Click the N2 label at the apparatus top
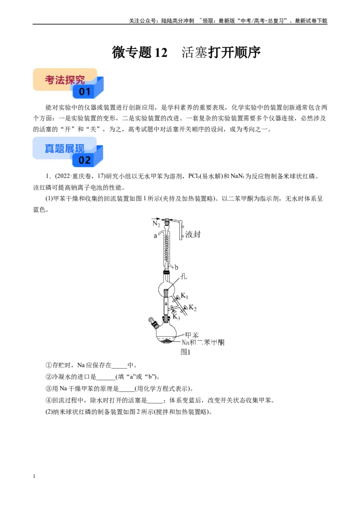156,224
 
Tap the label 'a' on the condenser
155,236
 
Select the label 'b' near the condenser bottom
176,268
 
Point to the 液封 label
193,234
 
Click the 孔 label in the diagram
184,276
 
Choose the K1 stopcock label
184,296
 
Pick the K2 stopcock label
193,308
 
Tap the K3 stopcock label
176,317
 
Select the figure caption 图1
185,352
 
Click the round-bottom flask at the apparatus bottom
166,333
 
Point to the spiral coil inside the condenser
167,248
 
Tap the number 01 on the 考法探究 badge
85,92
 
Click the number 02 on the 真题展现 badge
85,160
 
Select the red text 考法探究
65,80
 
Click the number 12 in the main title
161,53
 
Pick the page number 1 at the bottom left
34,476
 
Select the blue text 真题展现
65,148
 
